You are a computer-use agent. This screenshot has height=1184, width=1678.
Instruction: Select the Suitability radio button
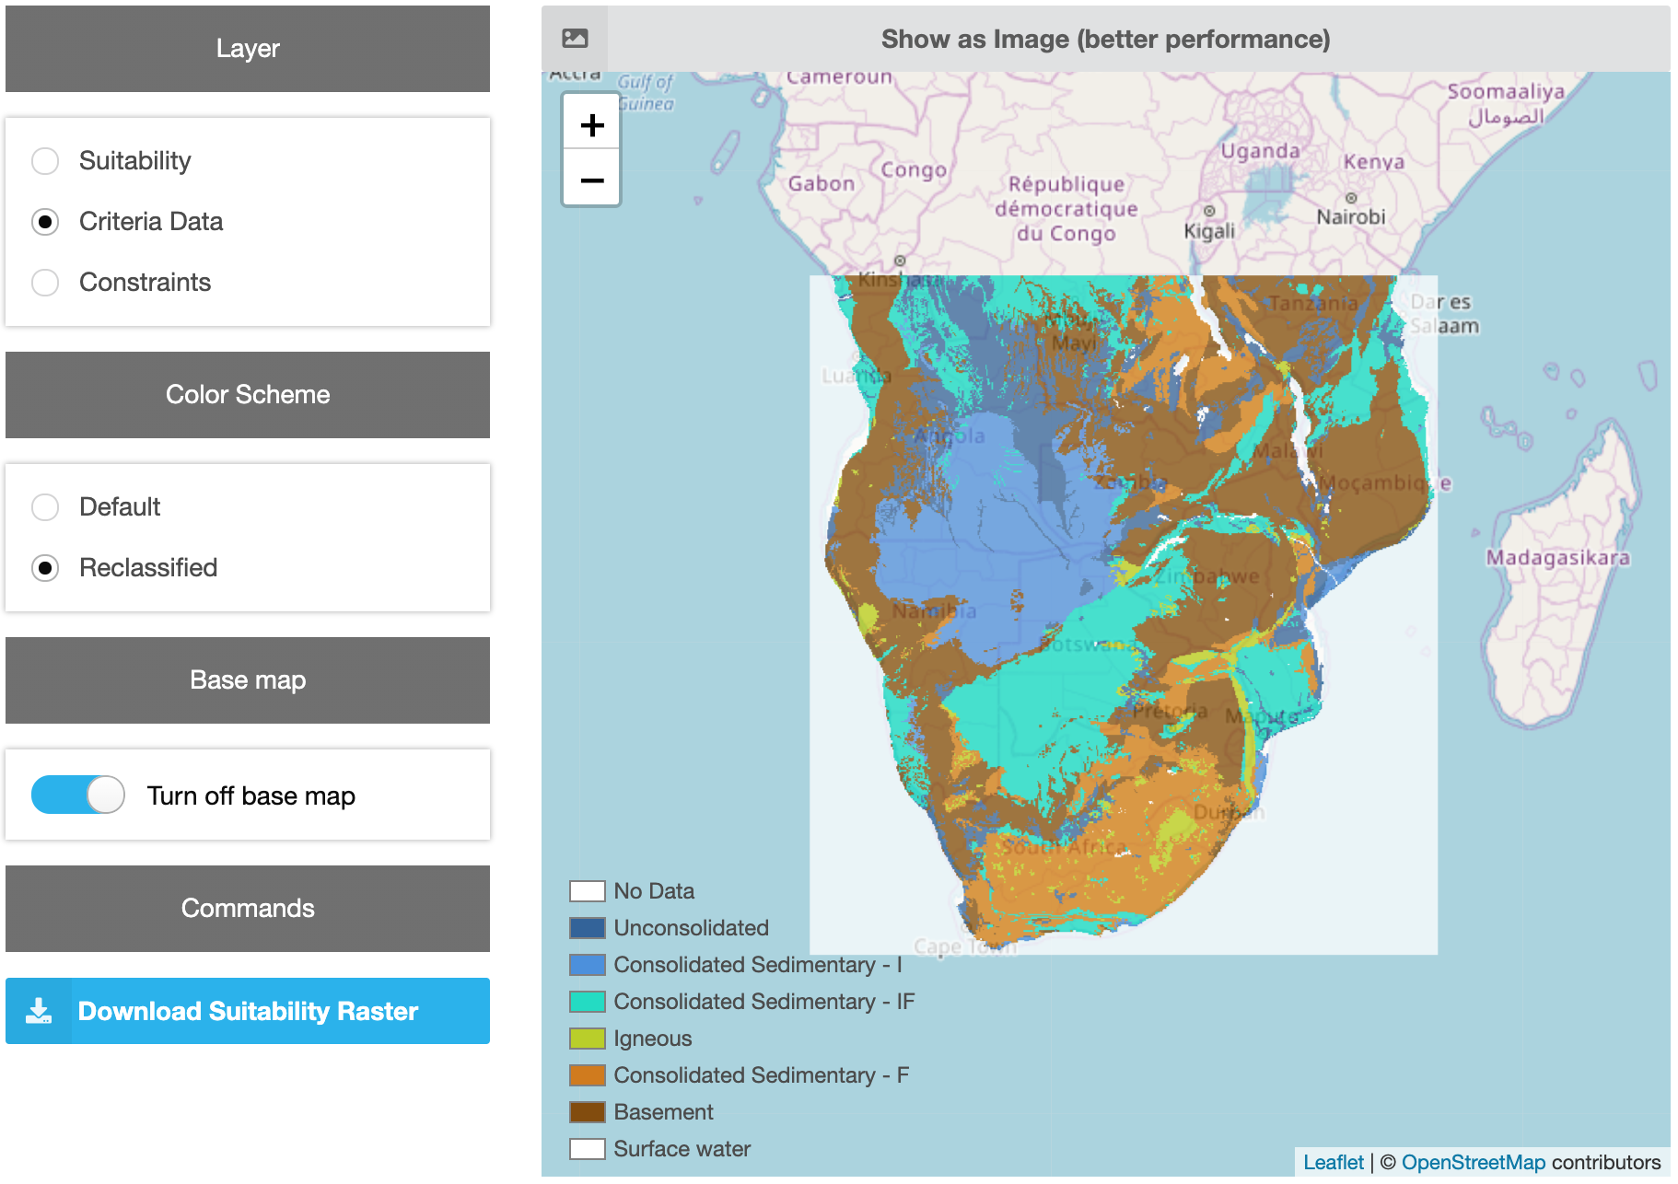click(45, 161)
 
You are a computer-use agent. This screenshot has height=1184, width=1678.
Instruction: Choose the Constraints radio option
click(45, 283)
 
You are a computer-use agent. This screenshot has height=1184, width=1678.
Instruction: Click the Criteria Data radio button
click(45, 222)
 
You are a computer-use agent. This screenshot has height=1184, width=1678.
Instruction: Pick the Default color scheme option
click(45, 507)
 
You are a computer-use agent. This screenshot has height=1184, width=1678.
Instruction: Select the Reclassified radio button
click(45, 568)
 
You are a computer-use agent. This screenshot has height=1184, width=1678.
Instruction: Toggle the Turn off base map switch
click(78, 795)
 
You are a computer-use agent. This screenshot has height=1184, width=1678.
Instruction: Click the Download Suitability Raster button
click(248, 1011)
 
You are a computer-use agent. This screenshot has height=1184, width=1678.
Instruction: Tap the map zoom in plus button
click(592, 125)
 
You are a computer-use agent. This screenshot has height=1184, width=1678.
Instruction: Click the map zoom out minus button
click(592, 180)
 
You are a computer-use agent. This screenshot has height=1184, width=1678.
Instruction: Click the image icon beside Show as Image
click(575, 39)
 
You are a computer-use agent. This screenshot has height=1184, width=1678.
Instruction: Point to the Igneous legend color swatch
click(587, 1039)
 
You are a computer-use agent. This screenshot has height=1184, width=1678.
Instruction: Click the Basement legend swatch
click(587, 1112)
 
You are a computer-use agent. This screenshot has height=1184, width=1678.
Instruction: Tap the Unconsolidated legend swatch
click(587, 928)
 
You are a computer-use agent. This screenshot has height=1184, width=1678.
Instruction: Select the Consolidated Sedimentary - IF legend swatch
click(587, 1002)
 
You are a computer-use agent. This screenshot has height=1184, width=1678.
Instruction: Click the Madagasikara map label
click(1557, 558)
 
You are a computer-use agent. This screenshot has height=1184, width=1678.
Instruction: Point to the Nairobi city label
click(1350, 217)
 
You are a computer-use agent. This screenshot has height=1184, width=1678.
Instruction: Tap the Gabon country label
click(821, 183)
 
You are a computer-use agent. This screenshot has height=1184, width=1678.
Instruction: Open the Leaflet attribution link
click(1333, 1162)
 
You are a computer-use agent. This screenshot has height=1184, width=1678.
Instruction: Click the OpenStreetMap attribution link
click(1473, 1162)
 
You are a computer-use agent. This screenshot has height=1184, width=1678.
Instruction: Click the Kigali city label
click(1208, 230)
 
